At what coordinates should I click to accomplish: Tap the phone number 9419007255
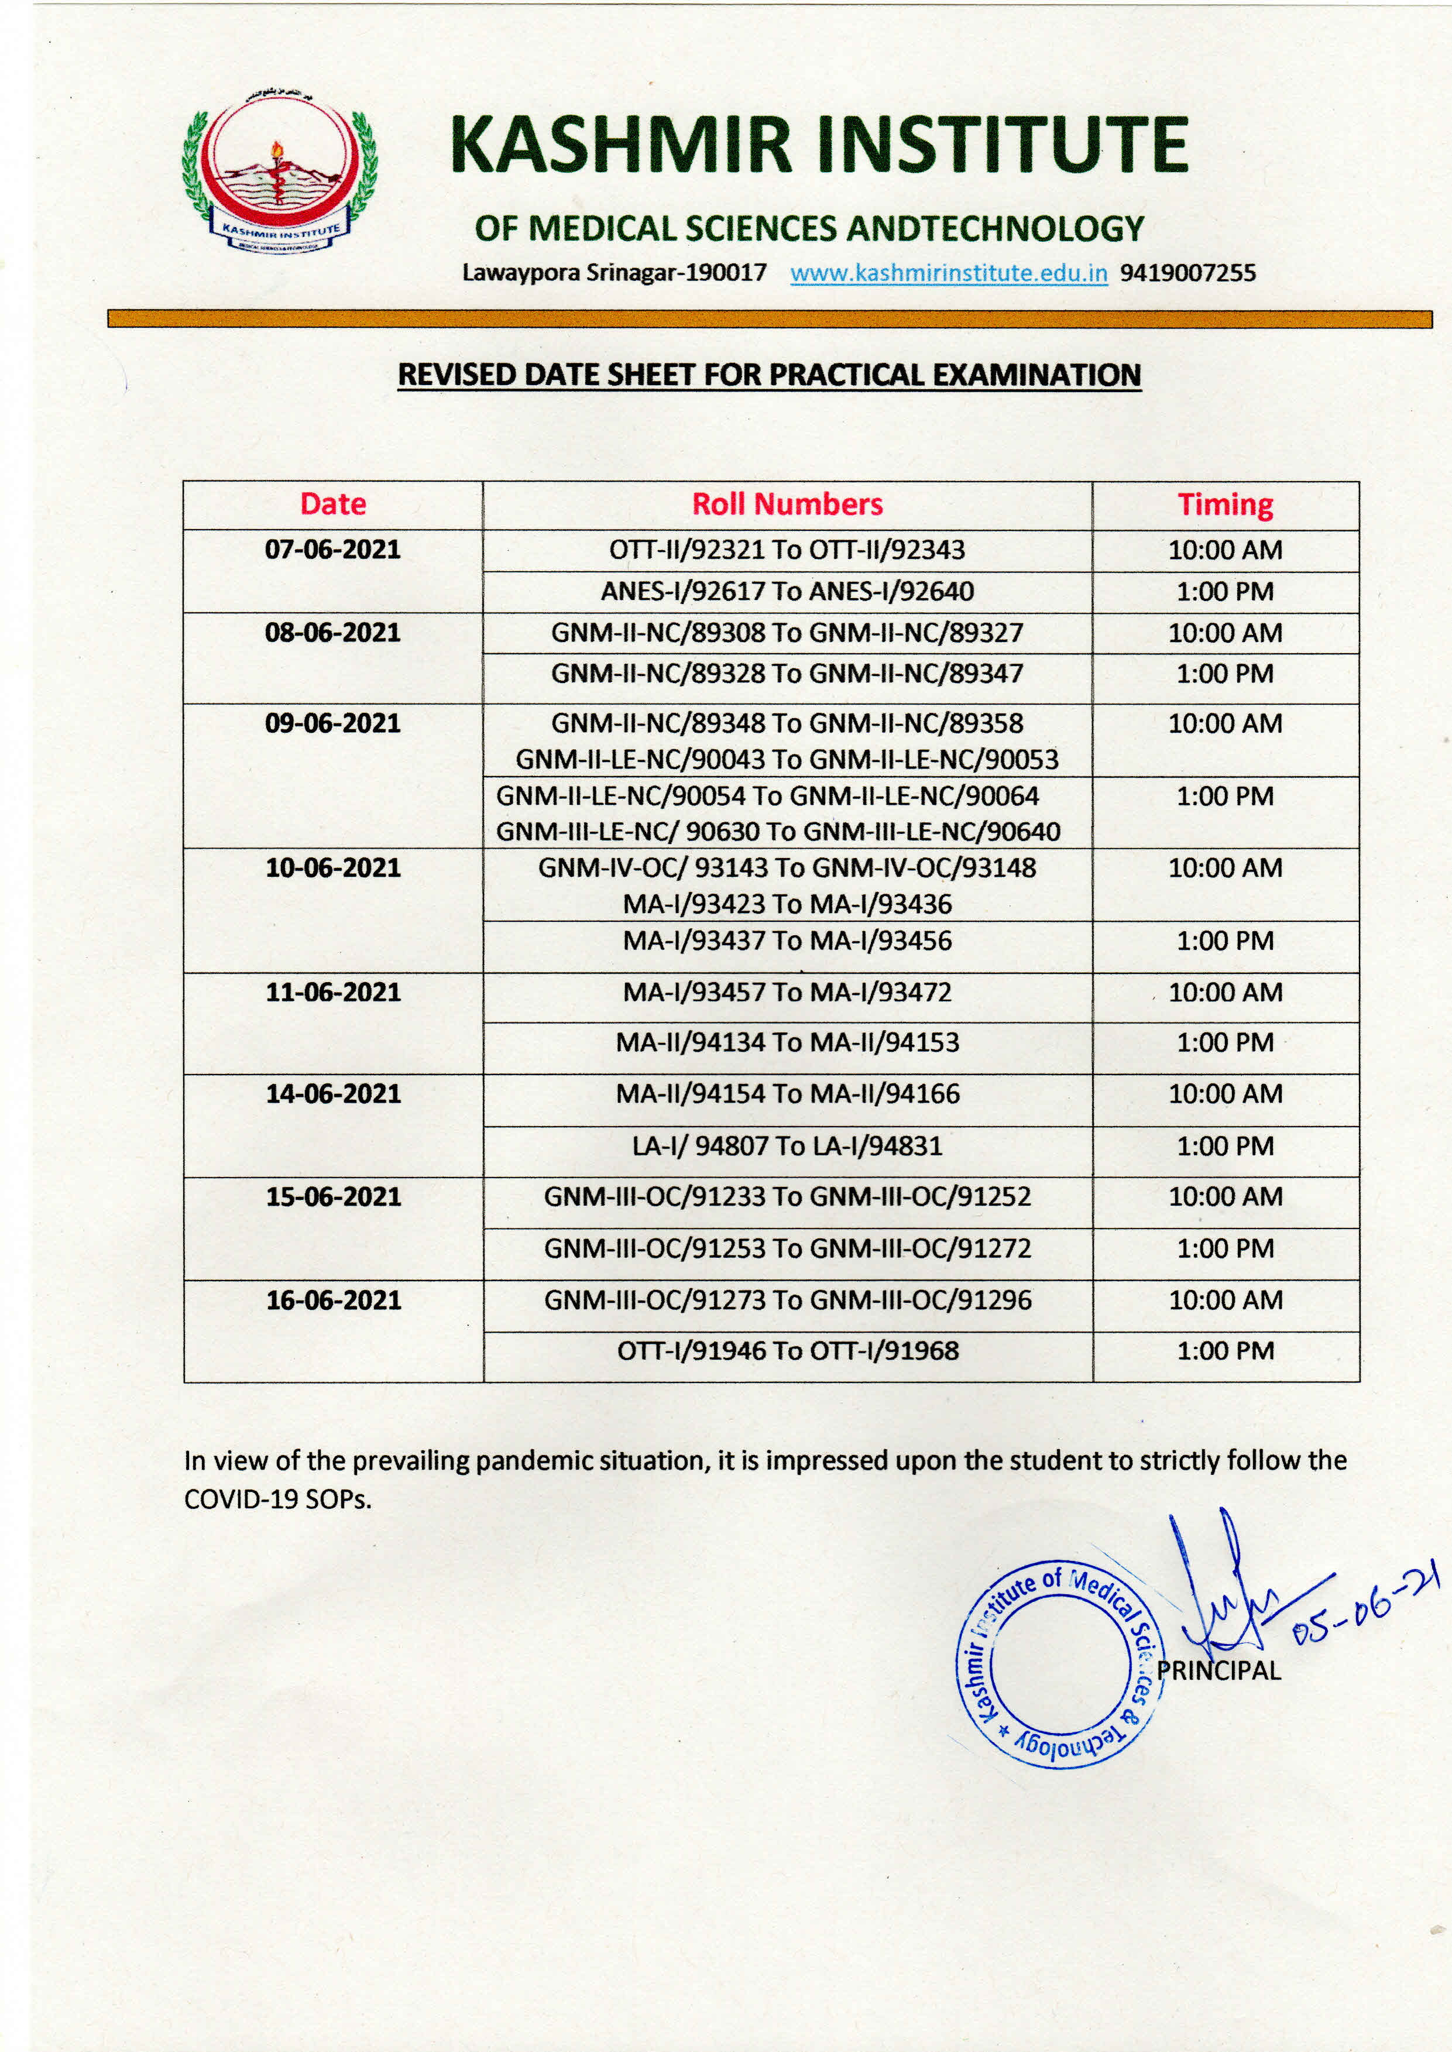1187,273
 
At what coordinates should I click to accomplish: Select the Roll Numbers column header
787,505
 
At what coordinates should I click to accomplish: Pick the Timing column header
1225,505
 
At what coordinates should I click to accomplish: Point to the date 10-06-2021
332,867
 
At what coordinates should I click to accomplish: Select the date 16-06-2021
332,1300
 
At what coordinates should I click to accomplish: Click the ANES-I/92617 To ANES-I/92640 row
787,591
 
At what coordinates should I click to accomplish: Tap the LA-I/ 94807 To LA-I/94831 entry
787,1145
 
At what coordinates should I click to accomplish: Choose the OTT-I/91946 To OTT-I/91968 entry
787,1350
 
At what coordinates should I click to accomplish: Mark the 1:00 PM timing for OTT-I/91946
1225,1350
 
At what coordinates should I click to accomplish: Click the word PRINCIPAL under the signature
1218,1670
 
